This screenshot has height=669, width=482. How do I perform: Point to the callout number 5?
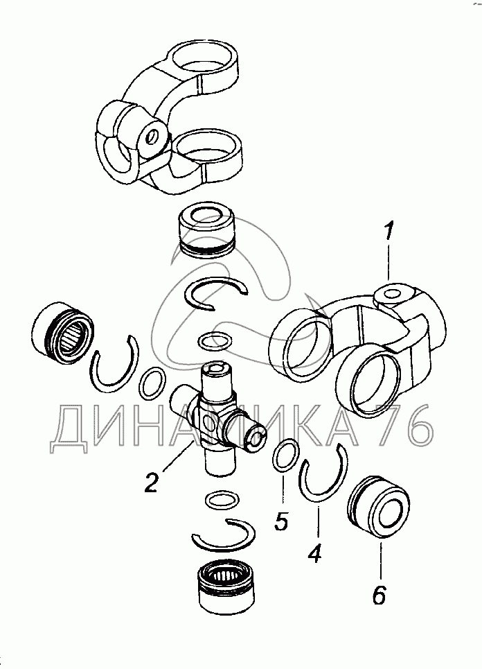282,520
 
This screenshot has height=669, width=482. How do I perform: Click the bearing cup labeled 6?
379,511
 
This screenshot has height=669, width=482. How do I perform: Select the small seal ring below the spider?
222,500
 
